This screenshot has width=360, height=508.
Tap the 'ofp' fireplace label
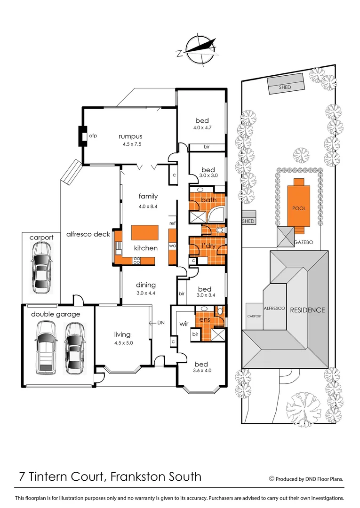pyautogui.click(x=93, y=136)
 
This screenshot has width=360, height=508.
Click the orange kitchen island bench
pyautogui.click(x=144, y=233)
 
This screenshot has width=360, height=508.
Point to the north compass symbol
pyautogui.click(x=200, y=49)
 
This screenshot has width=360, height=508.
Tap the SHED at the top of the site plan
pyautogui.click(x=285, y=87)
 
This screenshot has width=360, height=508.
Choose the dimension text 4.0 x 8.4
pyautogui.click(x=148, y=206)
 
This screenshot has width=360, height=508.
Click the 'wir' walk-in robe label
pyautogui.click(x=184, y=324)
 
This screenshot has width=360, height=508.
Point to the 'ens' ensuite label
pyautogui.click(x=205, y=320)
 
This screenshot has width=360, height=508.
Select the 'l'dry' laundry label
pyautogui.click(x=208, y=246)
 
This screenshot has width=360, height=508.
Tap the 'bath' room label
pyautogui.click(x=208, y=200)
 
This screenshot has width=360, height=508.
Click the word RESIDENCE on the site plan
pyautogui.click(x=307, y=310)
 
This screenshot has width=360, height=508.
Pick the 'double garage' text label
pyautogui.click(x=56, y=314)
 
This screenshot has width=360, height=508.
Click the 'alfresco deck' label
pyautogui.click(x=88, y=234)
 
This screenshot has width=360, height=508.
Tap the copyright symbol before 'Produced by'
pyautogui.click(x=271, y=478)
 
